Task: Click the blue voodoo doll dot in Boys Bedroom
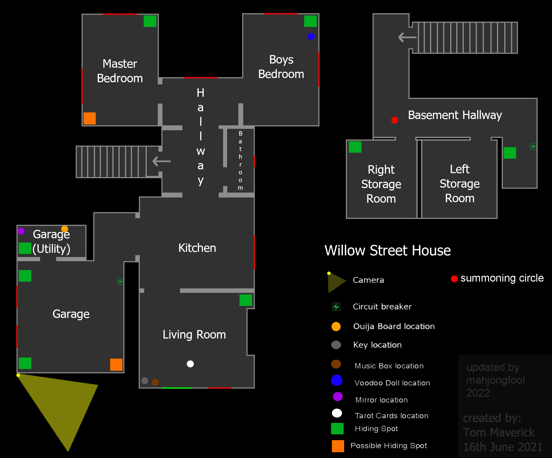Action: pyautogui.click(x=311, y=36)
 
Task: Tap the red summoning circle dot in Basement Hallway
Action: pyautogui.click(x=394, y=120)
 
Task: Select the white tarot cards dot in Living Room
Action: pyautogui.click(x=190, y=364)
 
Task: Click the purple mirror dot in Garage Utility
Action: pyautogui.click(x=21, y=231)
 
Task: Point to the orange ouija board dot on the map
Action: pyautogui.click(x=65, y=229)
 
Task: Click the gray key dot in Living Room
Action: pyautogui.click(x=145, y=381)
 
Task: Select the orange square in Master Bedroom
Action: pyautogui.click(x=90, y=118)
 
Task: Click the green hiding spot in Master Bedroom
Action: pyautogui.click(x=150, y=21)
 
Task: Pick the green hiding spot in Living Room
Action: pyautogui.click(x=246, y=300)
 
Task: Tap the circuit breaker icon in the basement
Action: pyautogui.click(x=533, y=146)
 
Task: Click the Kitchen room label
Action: pyautogui.click(x=197, y=248)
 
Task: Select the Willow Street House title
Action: pyautogui.click(x=388, y=250)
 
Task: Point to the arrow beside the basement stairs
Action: pyautogui.click(x=407, y=37)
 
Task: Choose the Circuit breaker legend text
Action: pyautogui.click(x=382, y=306)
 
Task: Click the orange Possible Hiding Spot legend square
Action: pyautogui.click(x=338, y=446)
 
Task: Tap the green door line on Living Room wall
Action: pyautogui.click(x=177, y=388)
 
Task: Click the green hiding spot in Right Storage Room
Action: pyautogui.click(x=355, y=147)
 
